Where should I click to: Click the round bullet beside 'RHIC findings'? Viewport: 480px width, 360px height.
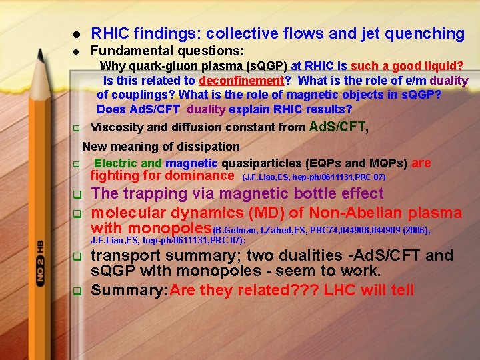point(77,34)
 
